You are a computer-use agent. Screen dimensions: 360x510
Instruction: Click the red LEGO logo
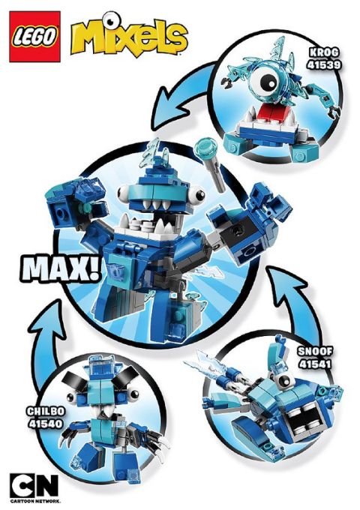pyautogui.click(x=34, y=37)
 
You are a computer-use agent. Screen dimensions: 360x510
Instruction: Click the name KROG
pyautogui.click(x=324, y=52)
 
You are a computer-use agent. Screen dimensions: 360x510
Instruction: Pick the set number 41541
pyautogui.click(x=315, y=364)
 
